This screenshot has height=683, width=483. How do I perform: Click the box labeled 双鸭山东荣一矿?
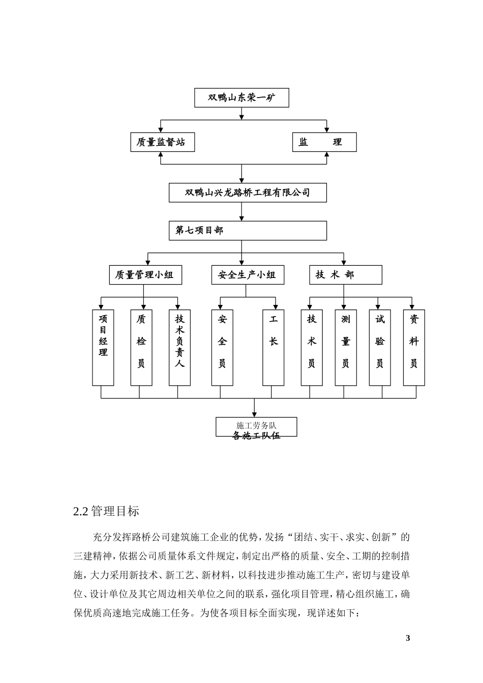(242, 98)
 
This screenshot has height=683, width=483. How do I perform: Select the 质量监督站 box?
(162, 142)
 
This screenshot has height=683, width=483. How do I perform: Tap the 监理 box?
(324, 142)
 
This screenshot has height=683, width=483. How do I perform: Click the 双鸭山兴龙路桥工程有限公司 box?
(248, 193)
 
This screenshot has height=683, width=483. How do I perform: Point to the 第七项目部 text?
(199, 230)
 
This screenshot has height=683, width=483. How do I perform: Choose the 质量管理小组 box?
(145, 275)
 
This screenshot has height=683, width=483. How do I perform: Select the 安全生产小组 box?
(248, 275)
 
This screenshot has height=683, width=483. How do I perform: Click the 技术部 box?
(346, 275)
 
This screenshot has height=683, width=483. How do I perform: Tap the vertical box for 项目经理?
(103, 348)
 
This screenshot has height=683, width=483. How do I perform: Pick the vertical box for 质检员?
(141, 348)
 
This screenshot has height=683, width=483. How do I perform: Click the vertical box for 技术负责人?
(179, 348)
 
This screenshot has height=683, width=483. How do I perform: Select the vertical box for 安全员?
(222, 348)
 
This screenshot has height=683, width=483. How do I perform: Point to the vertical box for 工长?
(274, 348)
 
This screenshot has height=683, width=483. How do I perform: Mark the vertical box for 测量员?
(346, 348)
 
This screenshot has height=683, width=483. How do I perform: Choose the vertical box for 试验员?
(380, 348)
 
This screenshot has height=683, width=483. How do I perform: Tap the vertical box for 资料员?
(414, 348)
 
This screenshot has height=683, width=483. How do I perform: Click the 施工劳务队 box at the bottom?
(256, 427)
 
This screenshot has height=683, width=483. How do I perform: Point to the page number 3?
(407, 638)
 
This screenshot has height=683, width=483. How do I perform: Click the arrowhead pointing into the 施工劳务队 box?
(255, 414)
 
